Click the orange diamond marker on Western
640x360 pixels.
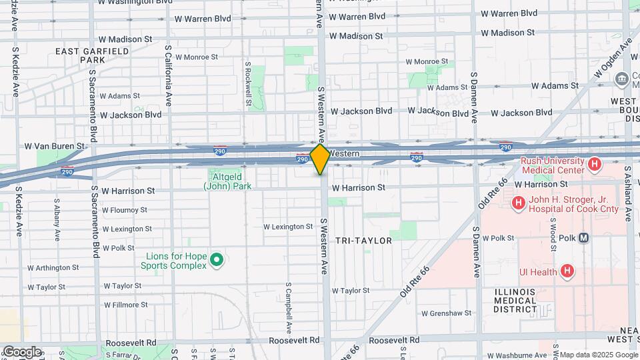(320, 159)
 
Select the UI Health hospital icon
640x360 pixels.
(567, 271)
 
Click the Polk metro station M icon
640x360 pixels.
(583, 237)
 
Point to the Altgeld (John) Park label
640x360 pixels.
(227, 181)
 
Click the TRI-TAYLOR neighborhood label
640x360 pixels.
(363, 240)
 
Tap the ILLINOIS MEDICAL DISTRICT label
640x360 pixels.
(515, 301)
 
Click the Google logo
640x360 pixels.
(21, 352)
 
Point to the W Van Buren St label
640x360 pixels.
(55, 145)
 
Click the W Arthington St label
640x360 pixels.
(53, 267)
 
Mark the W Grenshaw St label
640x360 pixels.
(446, 312)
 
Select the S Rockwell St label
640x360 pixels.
(247, 84)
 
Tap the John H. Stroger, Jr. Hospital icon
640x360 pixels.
(517, 202)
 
